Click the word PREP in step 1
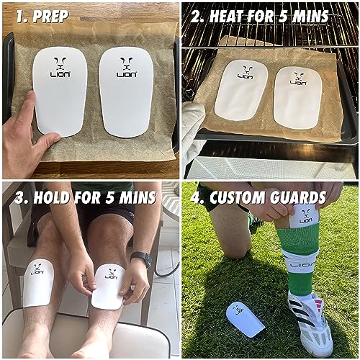point(50,17)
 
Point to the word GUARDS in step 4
point(298,197)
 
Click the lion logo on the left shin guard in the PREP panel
point(60,67)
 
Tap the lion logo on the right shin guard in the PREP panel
point(126,67)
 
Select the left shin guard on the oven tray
point(241,90)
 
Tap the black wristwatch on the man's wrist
point(142,258)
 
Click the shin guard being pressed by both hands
point(109,287)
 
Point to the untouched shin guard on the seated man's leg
point(38,283)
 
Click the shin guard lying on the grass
point(246,319)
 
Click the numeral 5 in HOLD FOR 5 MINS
point(109,198)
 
